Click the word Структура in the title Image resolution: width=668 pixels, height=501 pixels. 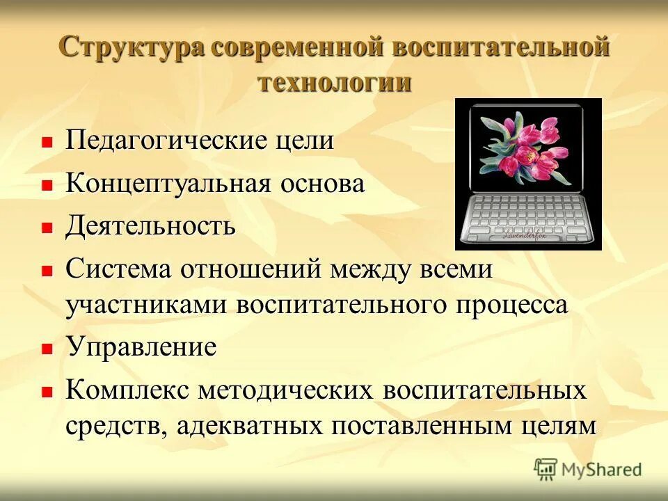pyautogui.click(x=131, y=48)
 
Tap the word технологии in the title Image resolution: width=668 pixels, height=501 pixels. pyautogui.click(x=335, y=81)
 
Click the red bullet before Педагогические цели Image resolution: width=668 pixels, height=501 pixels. pyautogui.click(x=47, y=142)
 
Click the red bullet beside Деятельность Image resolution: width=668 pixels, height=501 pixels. pyautogui.click(x=47, y=228)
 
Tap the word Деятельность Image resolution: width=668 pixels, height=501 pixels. pyautogui.click(x=151, y=226)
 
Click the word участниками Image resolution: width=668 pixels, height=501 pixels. pyautogui.click(x=148, y=305)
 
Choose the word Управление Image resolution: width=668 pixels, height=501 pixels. pyautogui.click(x=141, y=347)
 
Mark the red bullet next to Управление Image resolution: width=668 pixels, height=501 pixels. pyautogui.click(x=47, y=348)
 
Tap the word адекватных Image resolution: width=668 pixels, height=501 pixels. pyautogui.click(x=248, y=425)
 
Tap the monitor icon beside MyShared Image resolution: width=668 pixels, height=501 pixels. pyautogui.click(x=546, y=470)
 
